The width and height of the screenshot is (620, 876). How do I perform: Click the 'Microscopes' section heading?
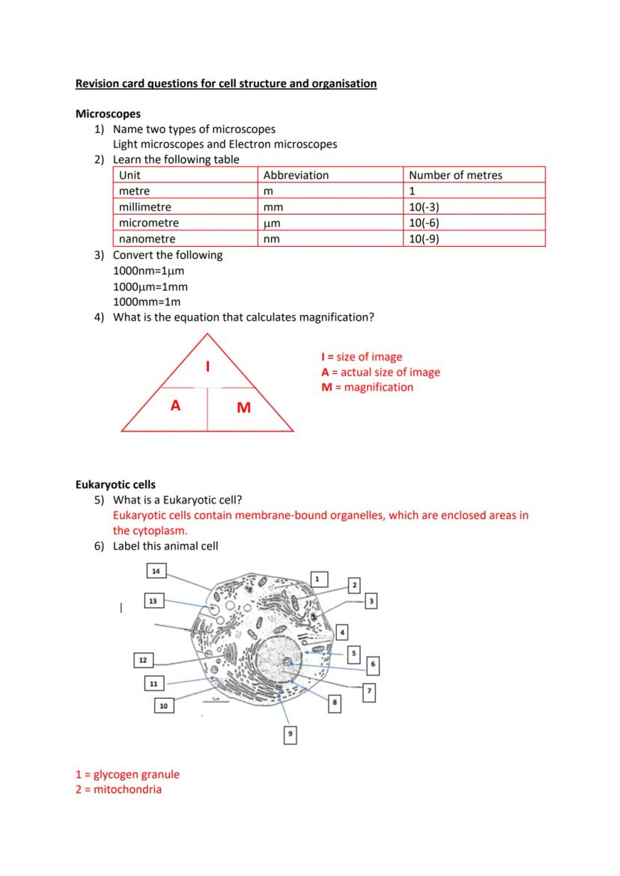coord(108,114)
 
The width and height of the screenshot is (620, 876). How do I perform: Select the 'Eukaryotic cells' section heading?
coord(115,485)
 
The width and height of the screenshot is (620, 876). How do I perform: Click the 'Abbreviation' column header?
coord(296,175)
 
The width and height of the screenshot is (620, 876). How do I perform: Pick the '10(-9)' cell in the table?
coord(424,239)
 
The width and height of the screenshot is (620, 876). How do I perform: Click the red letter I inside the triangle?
coord(207,367)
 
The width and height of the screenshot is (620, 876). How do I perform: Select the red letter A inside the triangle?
coord(175,405)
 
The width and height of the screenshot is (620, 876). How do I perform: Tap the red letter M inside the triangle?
coord(243,408)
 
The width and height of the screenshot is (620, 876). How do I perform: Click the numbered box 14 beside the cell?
coord(155,572)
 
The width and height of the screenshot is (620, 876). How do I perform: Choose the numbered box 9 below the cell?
coord(291,736)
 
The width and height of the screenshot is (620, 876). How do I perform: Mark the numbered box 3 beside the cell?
coord(371,601)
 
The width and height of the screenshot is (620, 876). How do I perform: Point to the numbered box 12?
coord(142,660)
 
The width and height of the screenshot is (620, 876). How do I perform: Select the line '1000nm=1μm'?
coord(148,271)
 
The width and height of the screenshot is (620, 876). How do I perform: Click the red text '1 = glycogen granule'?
coord(127,774)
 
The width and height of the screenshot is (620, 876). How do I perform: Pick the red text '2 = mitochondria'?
coord(118,789)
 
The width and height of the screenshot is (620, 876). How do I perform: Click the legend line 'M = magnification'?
coord(367,388)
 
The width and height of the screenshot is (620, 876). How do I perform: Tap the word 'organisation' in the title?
coord(344,84)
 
